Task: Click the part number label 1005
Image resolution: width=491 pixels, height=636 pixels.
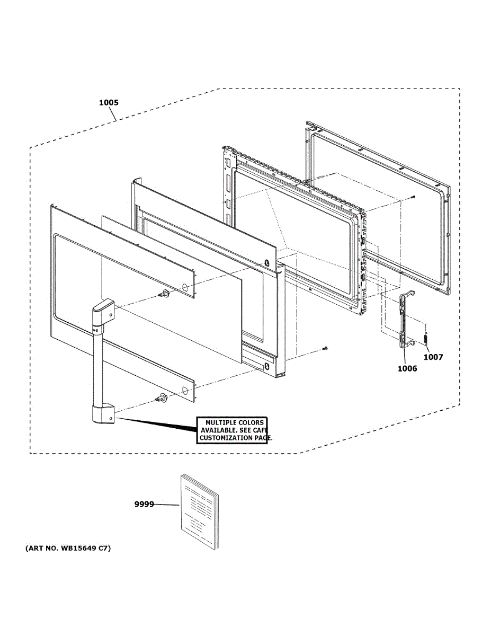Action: pos(109,102)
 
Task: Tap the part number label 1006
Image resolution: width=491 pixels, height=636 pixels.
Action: pos(407,368)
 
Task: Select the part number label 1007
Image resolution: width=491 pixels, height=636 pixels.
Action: pos(433,357)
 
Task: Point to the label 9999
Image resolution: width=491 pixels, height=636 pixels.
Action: pos(144,505)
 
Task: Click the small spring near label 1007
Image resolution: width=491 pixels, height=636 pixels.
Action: pos(425,338)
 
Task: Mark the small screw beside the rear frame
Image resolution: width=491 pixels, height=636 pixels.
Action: pos(413,197)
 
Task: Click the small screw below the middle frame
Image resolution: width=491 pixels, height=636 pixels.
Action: pos(326,348)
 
